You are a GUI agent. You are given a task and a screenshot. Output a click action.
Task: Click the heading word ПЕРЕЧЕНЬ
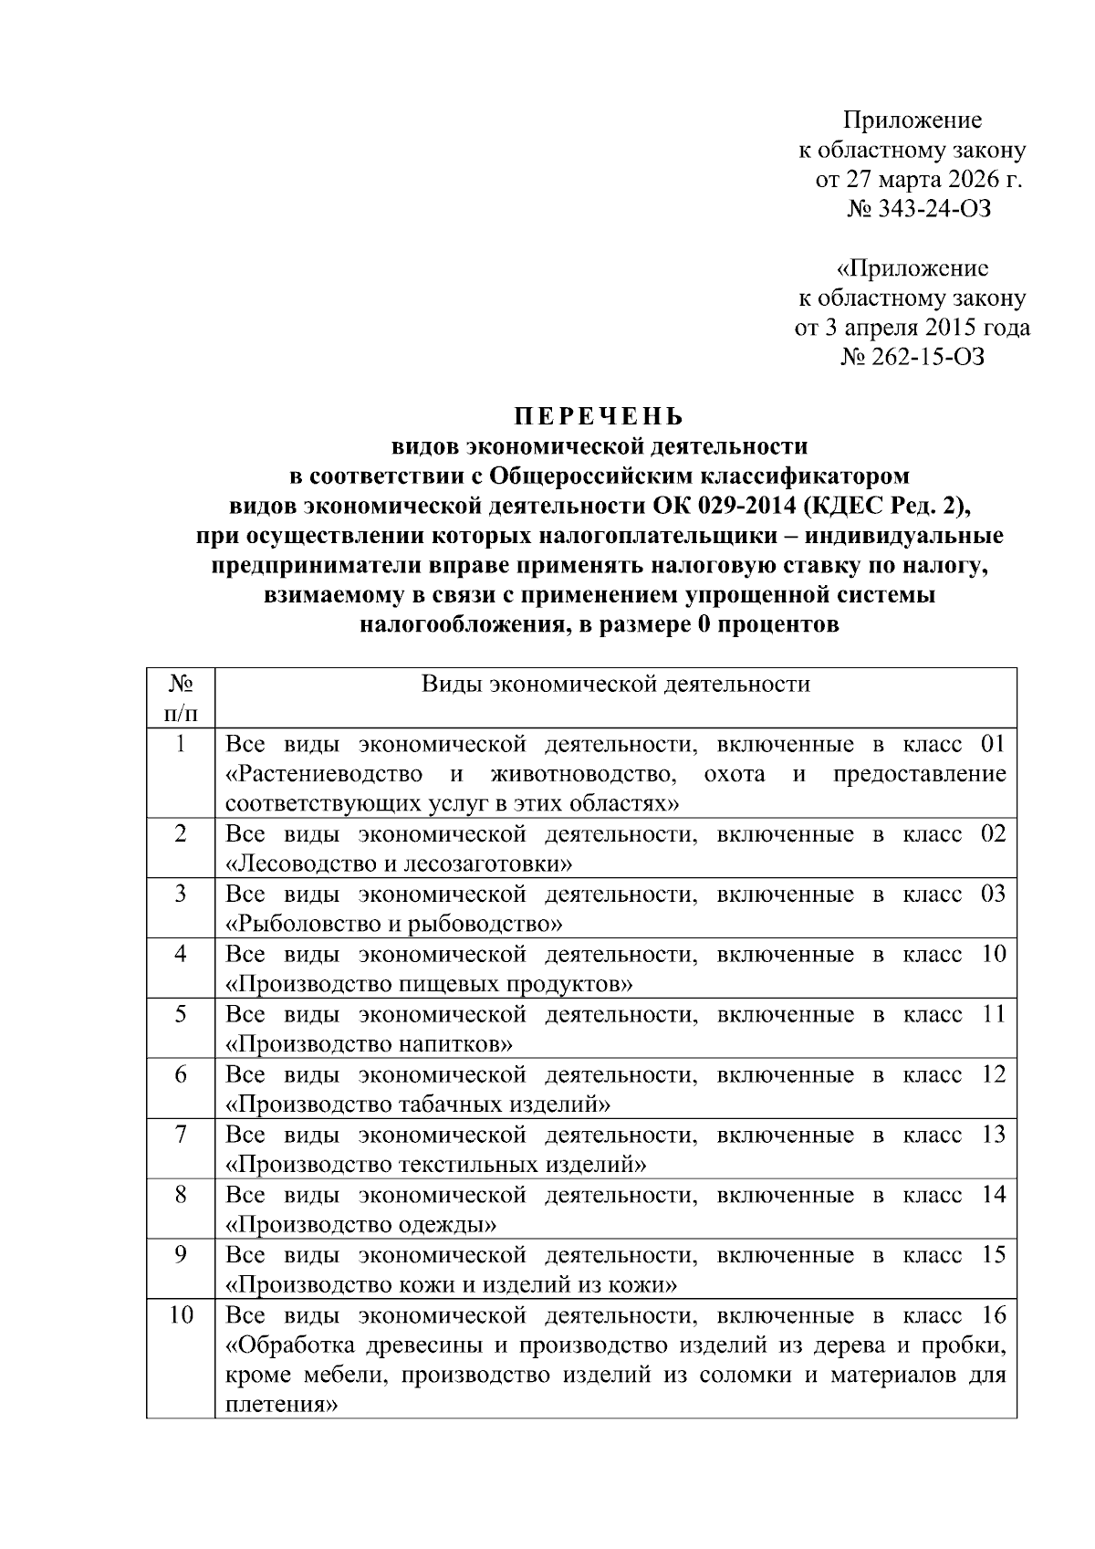coord(598,417)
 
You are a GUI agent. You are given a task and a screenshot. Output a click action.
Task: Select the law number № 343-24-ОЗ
coord(918,209)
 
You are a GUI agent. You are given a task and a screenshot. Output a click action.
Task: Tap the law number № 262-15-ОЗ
coord(912,357)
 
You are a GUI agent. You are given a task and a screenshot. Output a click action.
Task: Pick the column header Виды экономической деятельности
coord(616,685)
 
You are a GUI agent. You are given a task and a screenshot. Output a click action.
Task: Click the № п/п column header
coord(180,697)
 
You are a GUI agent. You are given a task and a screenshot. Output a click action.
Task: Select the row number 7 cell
coord(180,1135)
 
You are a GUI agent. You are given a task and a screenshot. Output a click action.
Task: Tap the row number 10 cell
coord(181,1315)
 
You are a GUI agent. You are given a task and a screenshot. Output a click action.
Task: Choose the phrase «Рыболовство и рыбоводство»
coord(393,924)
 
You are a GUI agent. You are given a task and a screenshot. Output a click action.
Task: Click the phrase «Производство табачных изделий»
coord(418,1104)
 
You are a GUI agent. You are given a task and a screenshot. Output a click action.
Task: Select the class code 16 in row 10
coord(993,1315)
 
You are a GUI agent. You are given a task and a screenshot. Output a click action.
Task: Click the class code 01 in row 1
coord(993,744)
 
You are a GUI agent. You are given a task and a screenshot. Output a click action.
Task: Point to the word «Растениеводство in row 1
coord(324,774)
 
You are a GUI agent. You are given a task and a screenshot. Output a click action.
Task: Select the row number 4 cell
coord(180,954)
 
